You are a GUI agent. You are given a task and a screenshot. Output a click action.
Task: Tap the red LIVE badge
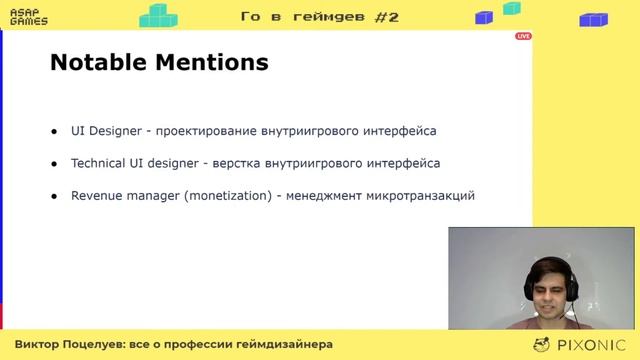(523, 36)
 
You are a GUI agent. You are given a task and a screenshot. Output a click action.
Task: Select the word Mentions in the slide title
(213, 62)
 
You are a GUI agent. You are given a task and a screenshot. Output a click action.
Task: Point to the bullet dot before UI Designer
(54, 131)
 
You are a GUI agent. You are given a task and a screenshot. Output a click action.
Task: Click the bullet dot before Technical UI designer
(54, 163)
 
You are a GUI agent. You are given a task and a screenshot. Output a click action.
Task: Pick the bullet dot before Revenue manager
(54, 195)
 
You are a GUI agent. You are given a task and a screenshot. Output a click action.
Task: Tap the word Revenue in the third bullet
(97, 195)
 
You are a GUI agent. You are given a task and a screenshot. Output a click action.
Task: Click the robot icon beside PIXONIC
(543, 344)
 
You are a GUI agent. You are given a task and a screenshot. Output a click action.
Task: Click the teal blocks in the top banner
(158, 15)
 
